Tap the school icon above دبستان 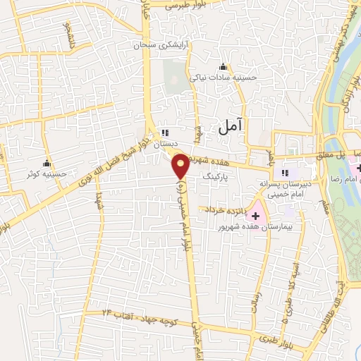(165, 133)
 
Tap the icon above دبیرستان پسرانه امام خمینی (285, 173)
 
